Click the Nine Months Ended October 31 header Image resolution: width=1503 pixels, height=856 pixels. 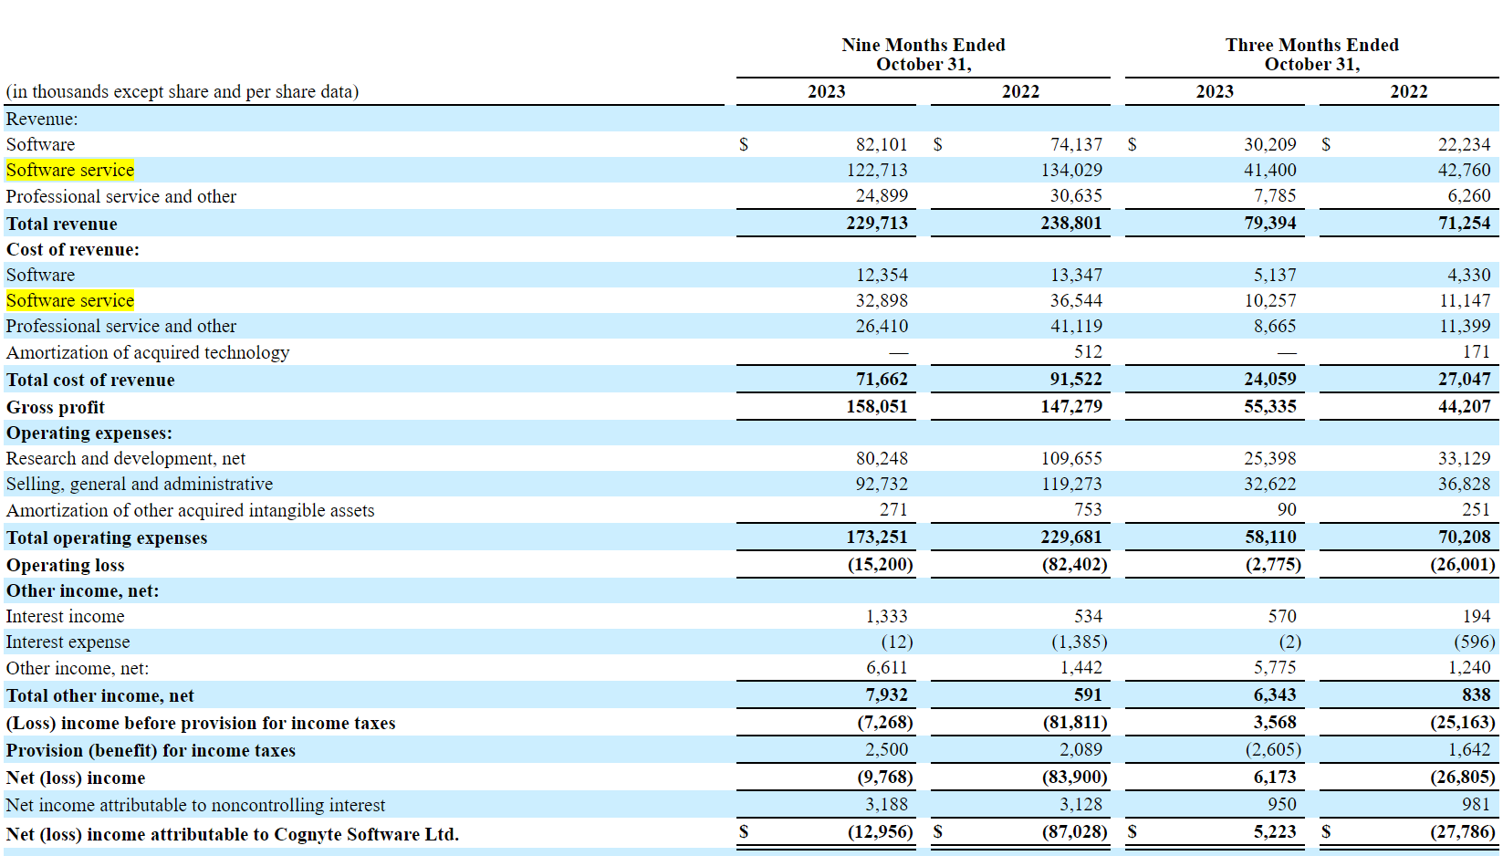coord(923,55)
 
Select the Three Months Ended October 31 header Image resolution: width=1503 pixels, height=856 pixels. coord(1311,55)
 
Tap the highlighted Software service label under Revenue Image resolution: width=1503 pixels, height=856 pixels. coord(70,171)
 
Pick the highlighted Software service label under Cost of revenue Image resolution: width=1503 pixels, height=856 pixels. coord(70,300)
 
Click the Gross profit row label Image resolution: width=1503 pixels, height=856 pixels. coord(56,407)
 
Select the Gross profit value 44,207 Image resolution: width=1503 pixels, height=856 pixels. coord(1464,406)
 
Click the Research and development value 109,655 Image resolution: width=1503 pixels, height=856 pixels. coord(1071,458)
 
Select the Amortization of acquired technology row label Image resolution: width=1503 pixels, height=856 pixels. coord(148,352)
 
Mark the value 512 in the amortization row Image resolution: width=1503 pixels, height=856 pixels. coord(1088,351)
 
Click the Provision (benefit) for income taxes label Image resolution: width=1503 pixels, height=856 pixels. coord(151,750)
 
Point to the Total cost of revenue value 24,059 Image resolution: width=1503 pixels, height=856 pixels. coord(1269,379)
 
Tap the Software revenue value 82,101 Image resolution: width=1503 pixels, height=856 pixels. coord(881,144)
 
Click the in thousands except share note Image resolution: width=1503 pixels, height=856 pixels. coord(183,91)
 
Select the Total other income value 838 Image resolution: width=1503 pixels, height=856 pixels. coord(1476,694)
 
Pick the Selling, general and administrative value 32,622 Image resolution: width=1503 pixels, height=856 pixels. coord(1269,484)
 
